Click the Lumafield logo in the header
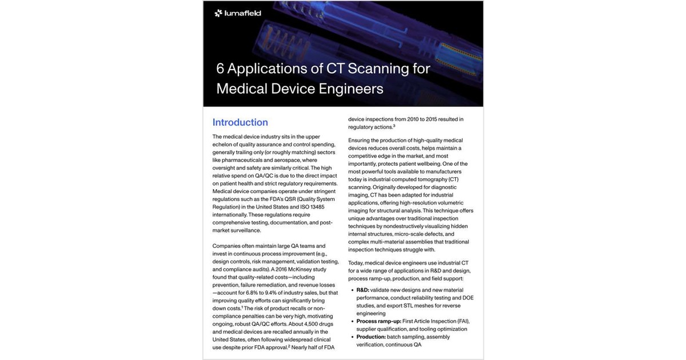(x=237, y=13)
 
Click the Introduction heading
(x=240, y=122)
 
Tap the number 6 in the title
(x=220, y=69)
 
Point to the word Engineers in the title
(x=351, y=89)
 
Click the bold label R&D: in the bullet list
(x=362, y=290)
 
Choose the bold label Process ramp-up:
(x=378, y=321)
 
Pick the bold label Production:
(x=371, y=337)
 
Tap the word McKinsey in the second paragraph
(x=300, y=269)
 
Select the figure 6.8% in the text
(x=252, y=293)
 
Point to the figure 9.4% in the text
(x=270, y=293)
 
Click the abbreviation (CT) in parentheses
(x=453, y=179)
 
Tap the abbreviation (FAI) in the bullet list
(x=463, y=321)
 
